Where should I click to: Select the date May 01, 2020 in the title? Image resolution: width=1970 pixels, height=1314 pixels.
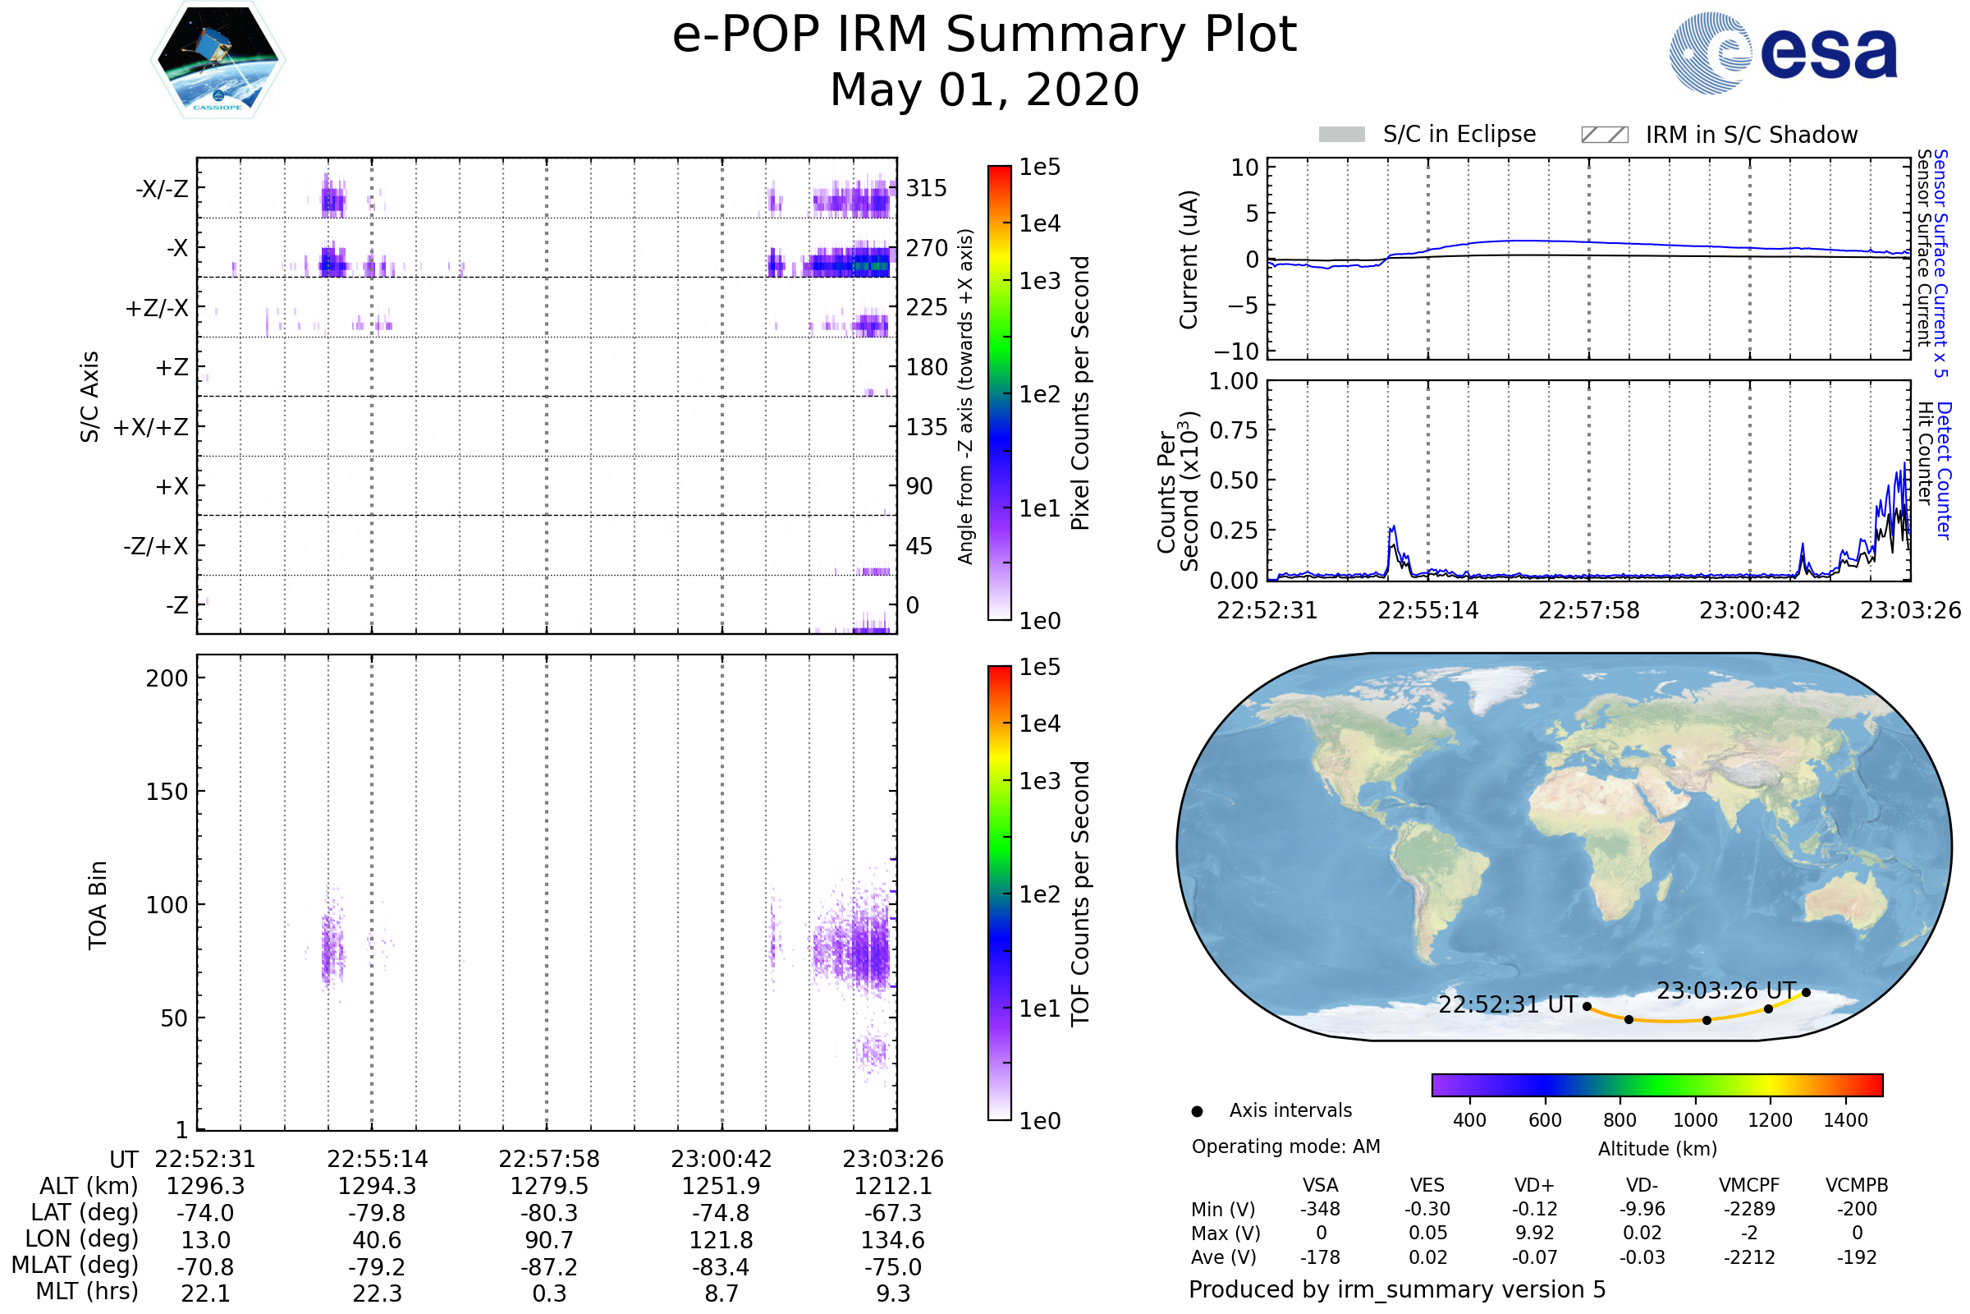click(x=984, y=90)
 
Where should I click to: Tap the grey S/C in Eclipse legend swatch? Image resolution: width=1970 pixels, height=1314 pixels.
click(x=1341, y=135)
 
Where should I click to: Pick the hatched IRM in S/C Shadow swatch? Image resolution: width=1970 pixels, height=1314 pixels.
click(x=1604, y=135)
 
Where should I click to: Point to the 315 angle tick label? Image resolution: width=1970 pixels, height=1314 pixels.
click(x=927, y=188)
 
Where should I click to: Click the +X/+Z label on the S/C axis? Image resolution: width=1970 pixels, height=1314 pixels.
click(x=151, y=427)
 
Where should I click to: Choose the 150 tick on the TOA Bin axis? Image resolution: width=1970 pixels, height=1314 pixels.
click(x=167, y=792)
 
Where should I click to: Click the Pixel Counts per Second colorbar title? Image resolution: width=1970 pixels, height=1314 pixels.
click(x=1080, y=393)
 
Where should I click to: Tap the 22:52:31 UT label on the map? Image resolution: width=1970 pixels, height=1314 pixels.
click(x=1507, y=1004)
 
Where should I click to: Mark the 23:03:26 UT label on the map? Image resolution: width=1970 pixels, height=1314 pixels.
click(x=1726, y=990)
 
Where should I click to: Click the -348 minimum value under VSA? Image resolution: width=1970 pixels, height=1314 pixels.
click(x=1320, y=1209)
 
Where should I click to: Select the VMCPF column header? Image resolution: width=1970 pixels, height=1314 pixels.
click(x=1749, y=1185)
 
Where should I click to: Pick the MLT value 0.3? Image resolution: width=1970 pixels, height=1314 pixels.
click(x=548, y=1293)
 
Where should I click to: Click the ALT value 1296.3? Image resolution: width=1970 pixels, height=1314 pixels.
click(x=205, y=1186)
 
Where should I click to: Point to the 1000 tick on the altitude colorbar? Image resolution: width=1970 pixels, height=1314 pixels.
click(x=1695, y=1120)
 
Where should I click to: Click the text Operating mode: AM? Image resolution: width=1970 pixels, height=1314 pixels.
click(x=1285, y=1146)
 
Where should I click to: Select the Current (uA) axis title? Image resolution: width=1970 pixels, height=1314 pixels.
click(x=1189, y=259)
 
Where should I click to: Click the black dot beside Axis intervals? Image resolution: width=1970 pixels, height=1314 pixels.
click(x=1197, y=1111)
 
